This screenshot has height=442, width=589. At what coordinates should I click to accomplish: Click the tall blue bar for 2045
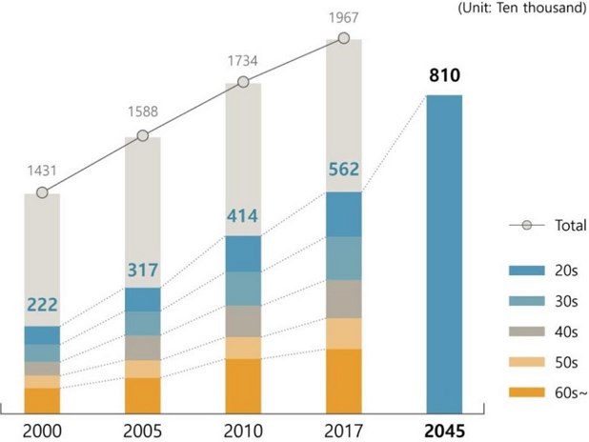[444, 252]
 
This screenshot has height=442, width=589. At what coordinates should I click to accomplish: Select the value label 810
[444, 74]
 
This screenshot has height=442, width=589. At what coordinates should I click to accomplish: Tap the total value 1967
[344, 17]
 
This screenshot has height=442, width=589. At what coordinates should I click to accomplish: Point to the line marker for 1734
[243, 83]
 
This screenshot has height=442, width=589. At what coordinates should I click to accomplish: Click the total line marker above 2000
[42, 192]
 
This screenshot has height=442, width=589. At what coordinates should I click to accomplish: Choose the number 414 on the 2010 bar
[243, 216]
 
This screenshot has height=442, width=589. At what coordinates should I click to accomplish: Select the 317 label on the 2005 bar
[143, 270]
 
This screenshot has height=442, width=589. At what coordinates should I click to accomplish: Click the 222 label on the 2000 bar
[42, 306]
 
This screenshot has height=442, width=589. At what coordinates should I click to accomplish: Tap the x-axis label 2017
[344, 429]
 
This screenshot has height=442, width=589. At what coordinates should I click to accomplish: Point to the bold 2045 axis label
[444, 429]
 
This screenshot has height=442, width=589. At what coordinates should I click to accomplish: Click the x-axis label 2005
[143, 429]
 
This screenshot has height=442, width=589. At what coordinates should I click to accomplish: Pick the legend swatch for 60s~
[527, 392]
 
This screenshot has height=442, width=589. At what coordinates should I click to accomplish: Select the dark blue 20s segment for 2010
[243, 253]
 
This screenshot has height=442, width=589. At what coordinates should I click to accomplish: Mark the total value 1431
[42, 171]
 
